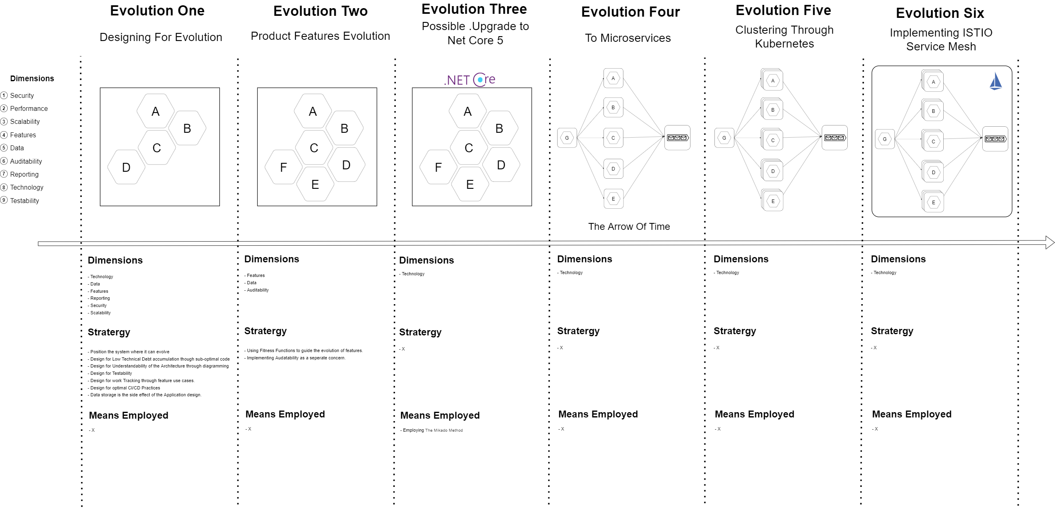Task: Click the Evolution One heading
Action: click(x=157, y=11)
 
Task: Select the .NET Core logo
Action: click(x=469, y=80)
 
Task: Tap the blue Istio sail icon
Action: click(x=995, y=81)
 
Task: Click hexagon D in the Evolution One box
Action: click(x=126, y=167)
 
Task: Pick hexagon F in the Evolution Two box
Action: click(x=283, y=167)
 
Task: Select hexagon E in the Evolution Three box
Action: click(x=470, y=184)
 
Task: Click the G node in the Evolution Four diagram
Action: click(x=567, y=138)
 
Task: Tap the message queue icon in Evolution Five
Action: click(x=835, y=138)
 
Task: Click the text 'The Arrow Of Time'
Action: click(x=629, y=226)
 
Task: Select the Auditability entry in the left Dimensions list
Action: click(x=26, y=161)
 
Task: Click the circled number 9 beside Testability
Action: click(x=4, y=200)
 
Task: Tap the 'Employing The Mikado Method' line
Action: click(x=432, y=430)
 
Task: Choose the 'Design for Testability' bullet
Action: click(x=111, y=373)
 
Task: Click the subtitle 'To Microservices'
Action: click(x=627, y=38)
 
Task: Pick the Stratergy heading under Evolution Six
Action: click(x=892, y=331)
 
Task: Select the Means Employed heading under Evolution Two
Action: click(x=285, y=414)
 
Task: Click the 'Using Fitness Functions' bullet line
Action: click(x=304, y=350)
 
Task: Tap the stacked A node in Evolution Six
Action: click(x=933, y=82)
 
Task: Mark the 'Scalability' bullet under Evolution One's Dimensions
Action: click(x=100, y=313)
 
